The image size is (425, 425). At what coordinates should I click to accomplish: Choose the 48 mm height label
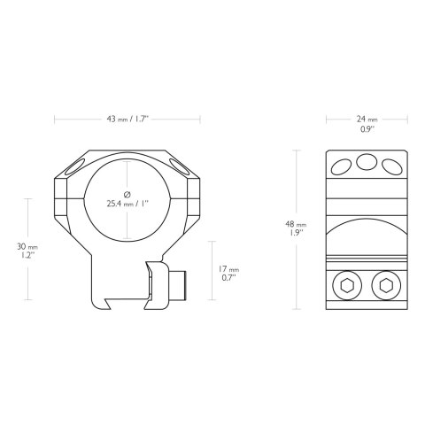(295, 226)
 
